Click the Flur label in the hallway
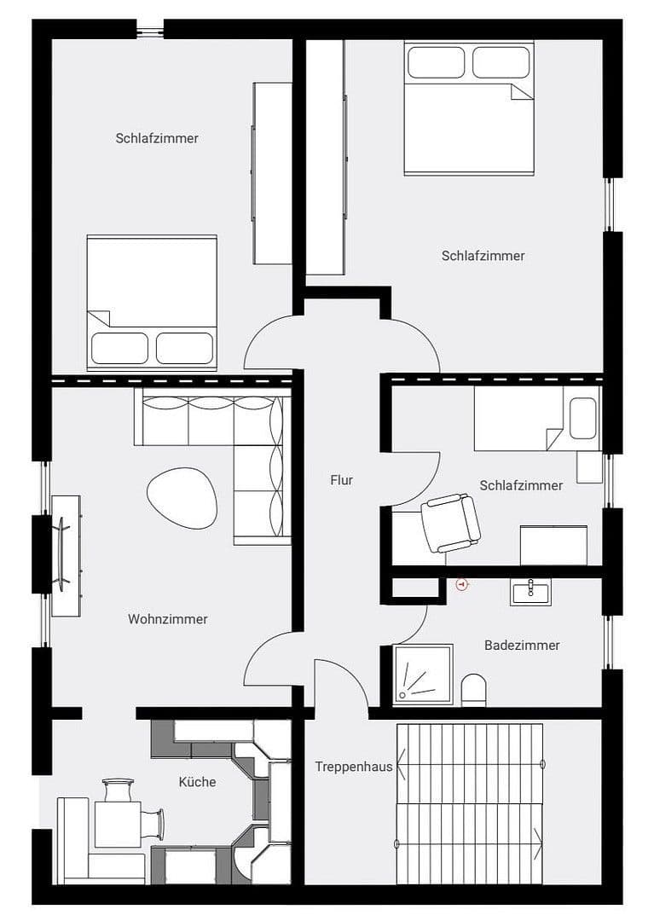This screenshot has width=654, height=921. (341, 480)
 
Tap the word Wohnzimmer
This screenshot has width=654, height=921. (168, 619)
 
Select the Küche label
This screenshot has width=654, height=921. (197, 782)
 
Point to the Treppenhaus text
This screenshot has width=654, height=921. (353, 767)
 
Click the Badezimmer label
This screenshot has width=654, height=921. (522, 646)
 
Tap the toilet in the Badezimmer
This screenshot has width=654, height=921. (473, 690)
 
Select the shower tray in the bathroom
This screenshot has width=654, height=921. (423, 675)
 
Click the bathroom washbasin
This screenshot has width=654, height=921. (530, 591)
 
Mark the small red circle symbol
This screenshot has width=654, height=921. (462, 585)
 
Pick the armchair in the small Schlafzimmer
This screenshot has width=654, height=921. (451, 522)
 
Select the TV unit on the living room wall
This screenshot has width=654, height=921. (66, 555)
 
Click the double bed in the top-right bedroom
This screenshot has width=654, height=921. (469, 108)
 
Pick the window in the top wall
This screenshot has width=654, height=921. (150, 31)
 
